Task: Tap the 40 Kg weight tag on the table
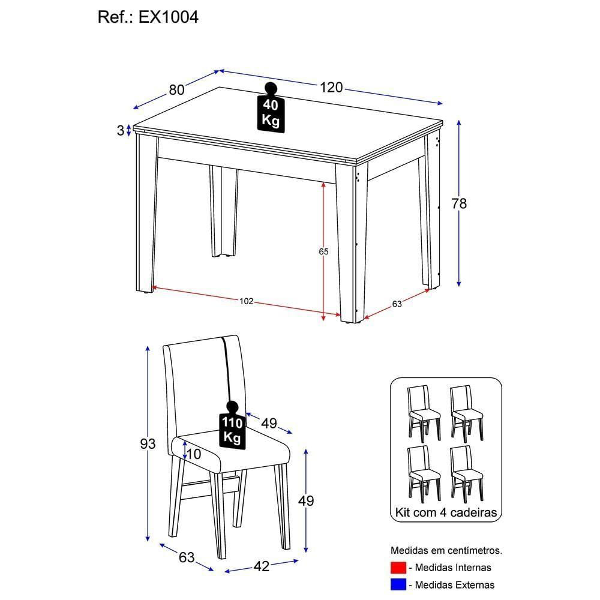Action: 271,112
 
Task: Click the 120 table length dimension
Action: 331,88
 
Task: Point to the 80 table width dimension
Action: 176,90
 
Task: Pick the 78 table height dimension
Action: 459,204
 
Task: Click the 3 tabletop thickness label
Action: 120,130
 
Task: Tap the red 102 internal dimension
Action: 246,301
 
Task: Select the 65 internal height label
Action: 323,252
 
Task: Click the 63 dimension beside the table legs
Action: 397,304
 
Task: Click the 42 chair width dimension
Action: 262,565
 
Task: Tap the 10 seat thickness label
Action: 194,454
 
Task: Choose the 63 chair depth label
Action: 187,557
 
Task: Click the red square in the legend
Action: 398,567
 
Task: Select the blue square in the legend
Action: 398,584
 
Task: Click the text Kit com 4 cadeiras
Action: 445,513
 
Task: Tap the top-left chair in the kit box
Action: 424,412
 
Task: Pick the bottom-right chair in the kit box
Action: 466,473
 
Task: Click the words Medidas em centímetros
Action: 446,550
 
